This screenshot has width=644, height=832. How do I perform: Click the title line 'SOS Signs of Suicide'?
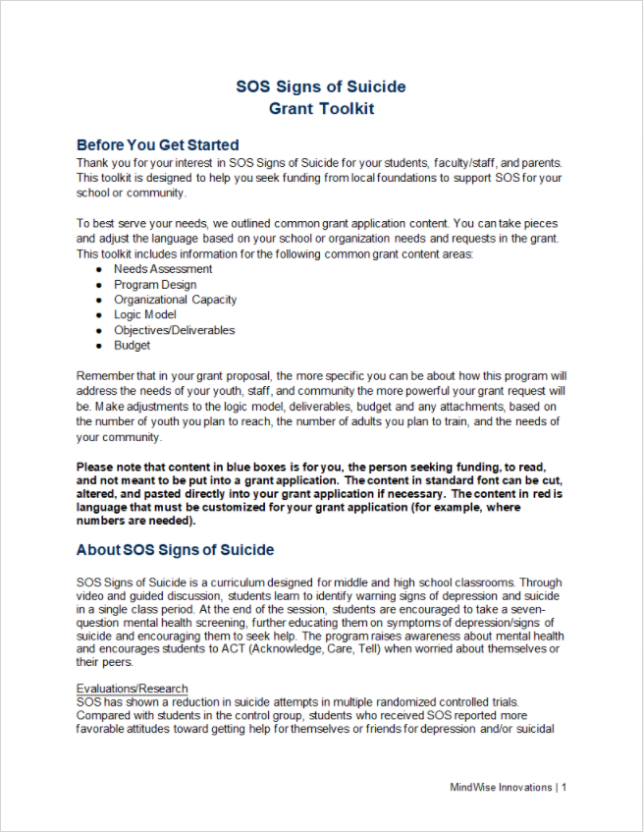[x=321, y=86]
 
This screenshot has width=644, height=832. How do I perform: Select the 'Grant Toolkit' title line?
[x=321, y=108]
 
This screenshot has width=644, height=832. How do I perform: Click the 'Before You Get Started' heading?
[x=157, y=145]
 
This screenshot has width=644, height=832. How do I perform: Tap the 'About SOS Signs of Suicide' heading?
[x=175, y=550]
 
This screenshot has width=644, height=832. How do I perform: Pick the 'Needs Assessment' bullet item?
[x=163, y=269]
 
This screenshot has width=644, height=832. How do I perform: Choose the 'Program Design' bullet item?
[x=155, y=285]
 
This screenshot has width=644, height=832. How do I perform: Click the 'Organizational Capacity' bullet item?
[x=175, y=300]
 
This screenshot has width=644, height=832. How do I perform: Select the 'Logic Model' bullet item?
[x=146, y=315]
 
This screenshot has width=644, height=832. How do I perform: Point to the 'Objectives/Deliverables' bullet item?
[x=174, y=330]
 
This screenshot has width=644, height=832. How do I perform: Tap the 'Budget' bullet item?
[x=132, y=346]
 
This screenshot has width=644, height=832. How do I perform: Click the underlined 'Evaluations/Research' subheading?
[x=132, y=689]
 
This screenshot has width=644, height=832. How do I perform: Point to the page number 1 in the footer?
[x=564, y=787]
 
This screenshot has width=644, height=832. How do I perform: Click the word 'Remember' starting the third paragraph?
[x=105, y=376]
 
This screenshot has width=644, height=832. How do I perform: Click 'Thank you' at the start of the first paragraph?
[x=102, y=162]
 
